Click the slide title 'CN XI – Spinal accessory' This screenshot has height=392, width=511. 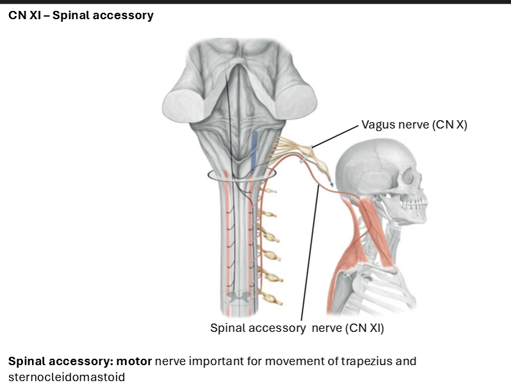click(x=81, y=15)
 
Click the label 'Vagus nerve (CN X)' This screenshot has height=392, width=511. click(x=414, y=125)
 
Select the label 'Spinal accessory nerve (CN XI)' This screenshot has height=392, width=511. click(x=296, y=328)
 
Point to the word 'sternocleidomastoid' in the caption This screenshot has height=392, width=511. click(x=66, y=377)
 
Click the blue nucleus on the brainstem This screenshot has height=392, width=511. click(x=254, y=151)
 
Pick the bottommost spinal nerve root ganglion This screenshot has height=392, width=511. click(x=275, y=299)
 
